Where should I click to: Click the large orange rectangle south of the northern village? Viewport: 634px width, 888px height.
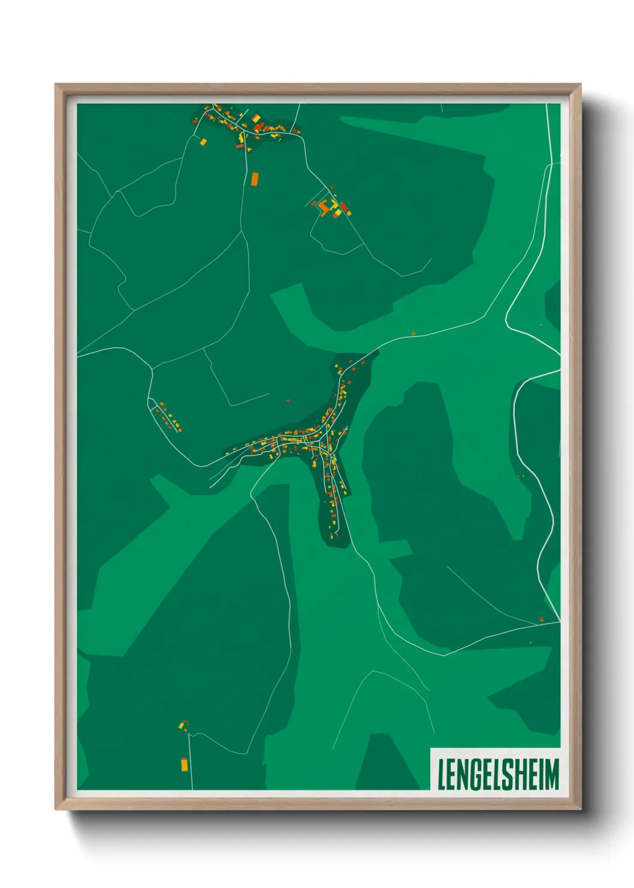tap(255, 179)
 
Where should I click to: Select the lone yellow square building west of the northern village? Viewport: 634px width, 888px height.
tap(203, 142)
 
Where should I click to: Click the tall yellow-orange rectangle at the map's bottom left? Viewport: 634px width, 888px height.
tap(184, 764)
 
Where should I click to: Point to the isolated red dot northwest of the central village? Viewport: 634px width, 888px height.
tap(288, 400)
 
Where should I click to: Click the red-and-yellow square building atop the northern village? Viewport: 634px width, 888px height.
tap(256, 118)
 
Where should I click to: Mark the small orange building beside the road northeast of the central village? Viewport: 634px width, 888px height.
tap(413, 333)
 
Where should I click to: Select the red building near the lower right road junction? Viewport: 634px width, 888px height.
tap(542, 619)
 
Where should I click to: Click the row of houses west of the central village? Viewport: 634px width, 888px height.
tap(168, 418)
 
